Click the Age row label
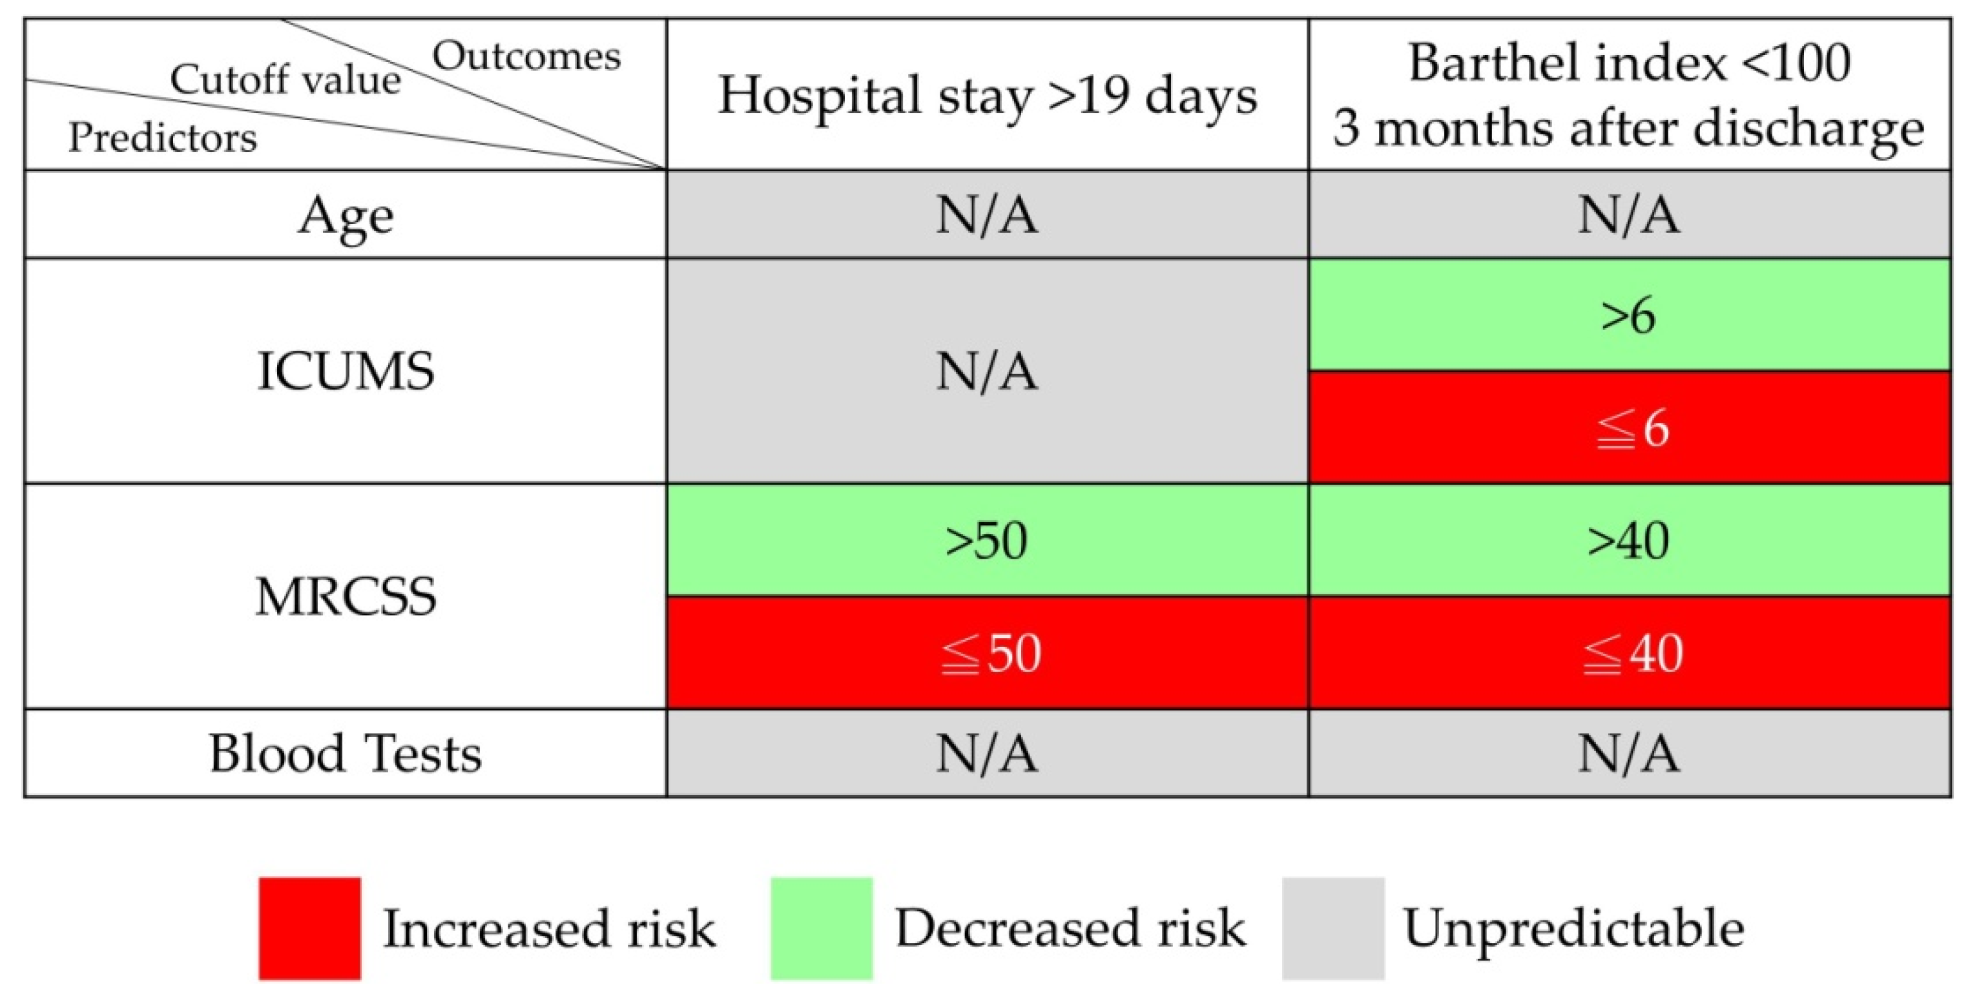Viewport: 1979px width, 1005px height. tap(346, 215)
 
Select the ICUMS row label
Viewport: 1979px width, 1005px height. tap(346, 371)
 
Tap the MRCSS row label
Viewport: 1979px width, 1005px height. tap(346, 596)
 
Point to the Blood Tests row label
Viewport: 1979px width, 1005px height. tap(346, 753)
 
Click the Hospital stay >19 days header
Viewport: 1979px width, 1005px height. tap(987, 96)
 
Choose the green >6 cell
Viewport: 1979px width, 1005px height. tap(1629, 315)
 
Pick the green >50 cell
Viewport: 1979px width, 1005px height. tap(987, 540)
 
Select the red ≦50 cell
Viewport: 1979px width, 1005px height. tap(987, 653)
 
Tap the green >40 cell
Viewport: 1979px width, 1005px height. tap(1629, 540)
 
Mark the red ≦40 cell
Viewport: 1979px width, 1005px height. tap(1629, 653)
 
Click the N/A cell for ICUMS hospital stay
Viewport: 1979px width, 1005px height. tap(987, 371)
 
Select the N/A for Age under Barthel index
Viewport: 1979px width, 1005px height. tap(1629, 215)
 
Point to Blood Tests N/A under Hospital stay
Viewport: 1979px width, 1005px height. tap(987, 753)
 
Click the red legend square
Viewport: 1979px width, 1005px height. tap(309, 928)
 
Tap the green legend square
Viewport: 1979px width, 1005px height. tap(822, 928)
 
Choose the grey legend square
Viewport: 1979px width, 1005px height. tap(1333, 928)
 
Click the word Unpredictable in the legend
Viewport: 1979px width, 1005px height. tap(1573, 928)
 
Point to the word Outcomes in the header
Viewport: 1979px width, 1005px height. tap(526, 56)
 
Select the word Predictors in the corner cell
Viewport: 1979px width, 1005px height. tap(162, 138)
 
